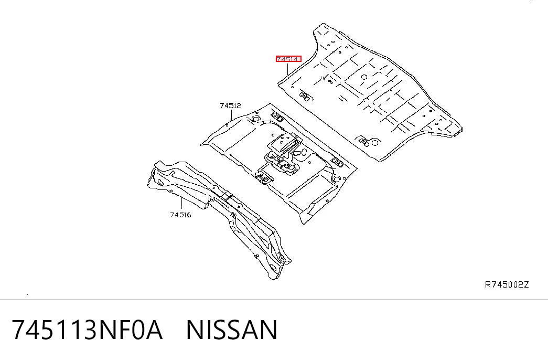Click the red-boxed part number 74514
click(x=288, y=59)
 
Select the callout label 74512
click(x=230, y=105)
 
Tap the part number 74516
click(x=181, y=215)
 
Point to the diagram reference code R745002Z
click(x=507, y=284)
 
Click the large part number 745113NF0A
click(x=88, y=330)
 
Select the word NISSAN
click(x=232, y=330)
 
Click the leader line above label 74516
click(x=182, y=204)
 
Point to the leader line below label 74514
click(x=287, y=69)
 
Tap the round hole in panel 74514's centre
click(x=364, y=77)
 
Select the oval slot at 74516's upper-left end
click(x=160, y=182)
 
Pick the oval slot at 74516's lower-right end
click(x=273, y=268)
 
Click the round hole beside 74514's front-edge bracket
click(x=374, y=142)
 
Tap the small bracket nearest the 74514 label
click(x=304, y=96)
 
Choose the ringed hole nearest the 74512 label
click(x=255, y=119)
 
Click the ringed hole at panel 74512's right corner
click(x=336, y=179)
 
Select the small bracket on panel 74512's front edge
click(x=265, y=178)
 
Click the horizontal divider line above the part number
click(x=274, y=300)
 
